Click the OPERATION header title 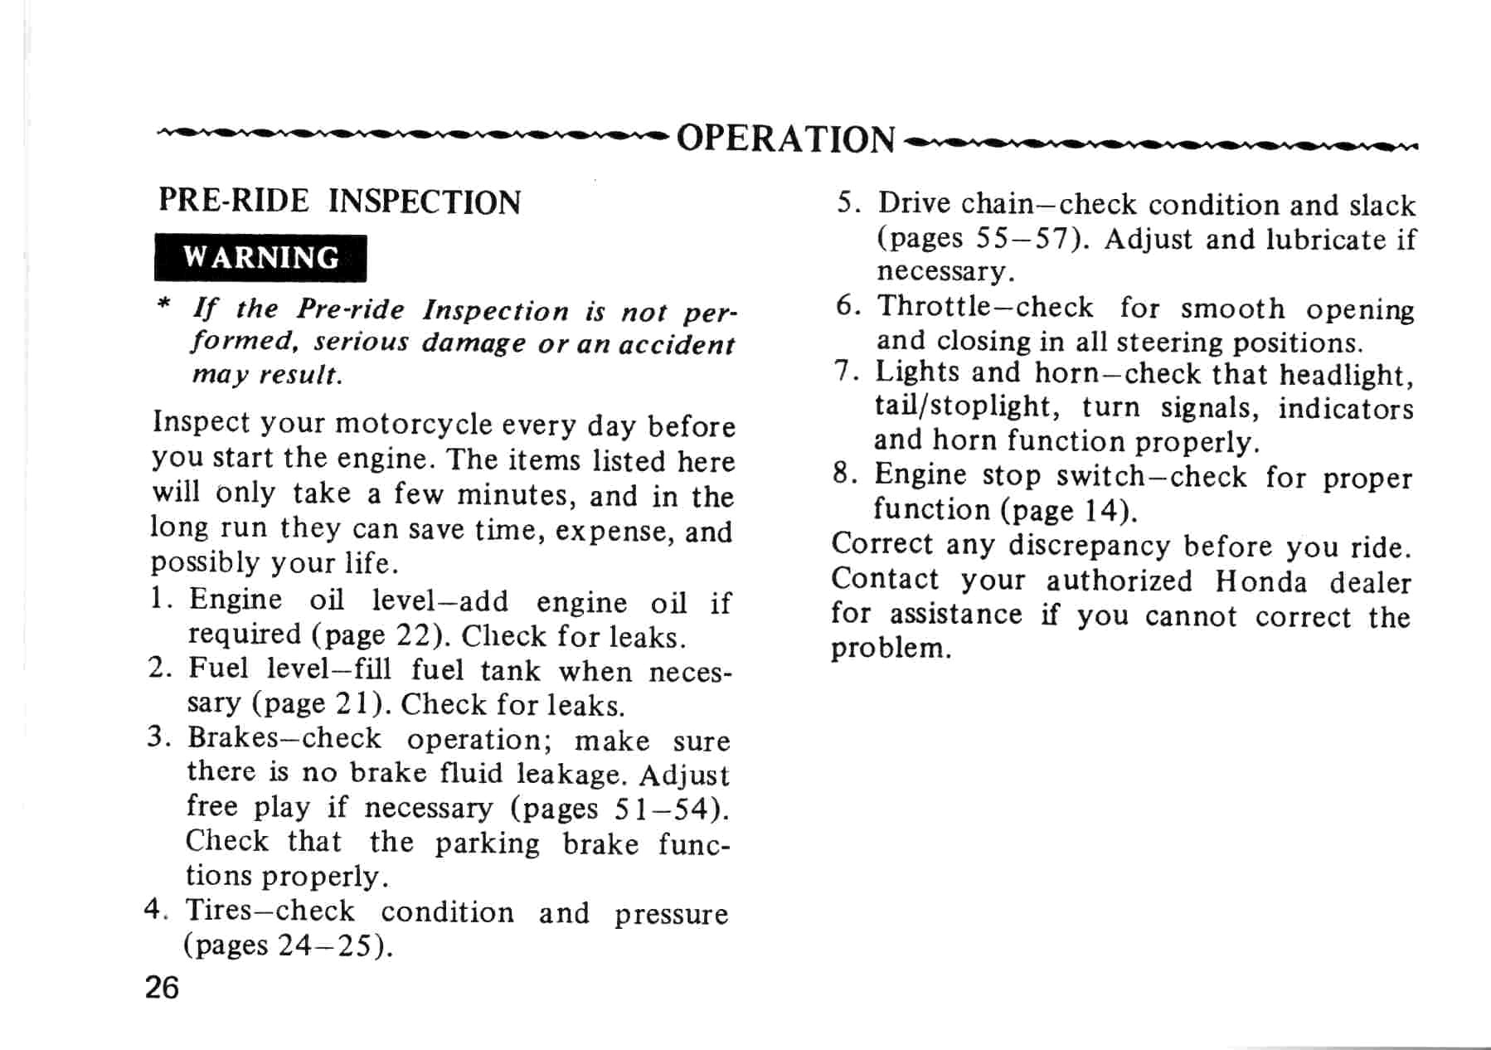click(x=785, y=139)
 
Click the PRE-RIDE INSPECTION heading click(x=339, y=202)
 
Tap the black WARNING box click(x=260, y=258)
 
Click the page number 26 click(x=162, y=988)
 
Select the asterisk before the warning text click(x=163, y=305)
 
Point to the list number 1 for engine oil click(x=158, y=599)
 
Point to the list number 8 click(x=843, y=474)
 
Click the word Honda click(x=1260, y=581)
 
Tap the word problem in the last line click(x=889, y=648)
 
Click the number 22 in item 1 click(x=411, y=635)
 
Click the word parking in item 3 click(x=487, y=843)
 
